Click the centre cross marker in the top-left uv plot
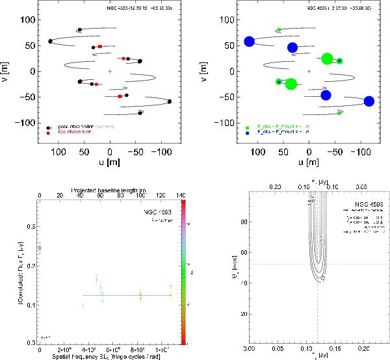pos(110,71)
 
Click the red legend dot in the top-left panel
pos(49,133)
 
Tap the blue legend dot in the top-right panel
pos(248,133)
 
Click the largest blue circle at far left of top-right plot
pos(249,42)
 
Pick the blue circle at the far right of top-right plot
pos(369,101)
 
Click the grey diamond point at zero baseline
pos(40,248)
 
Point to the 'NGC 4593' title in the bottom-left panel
pos(155,213)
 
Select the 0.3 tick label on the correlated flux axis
pos(29,227)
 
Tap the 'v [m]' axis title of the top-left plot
pos(7,71)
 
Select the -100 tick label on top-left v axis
pos(25,122)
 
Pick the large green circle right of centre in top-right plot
pos(328,58)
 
